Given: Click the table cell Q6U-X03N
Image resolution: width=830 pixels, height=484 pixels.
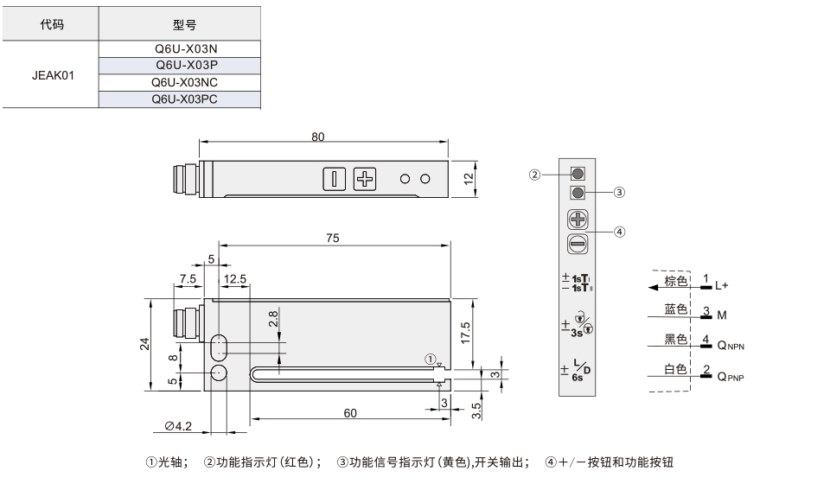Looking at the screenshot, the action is click(180, 48).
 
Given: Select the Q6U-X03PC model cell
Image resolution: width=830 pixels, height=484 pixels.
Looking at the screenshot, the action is click(180, 99).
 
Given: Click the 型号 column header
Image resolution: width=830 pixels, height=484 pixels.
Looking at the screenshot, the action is click(180, 24).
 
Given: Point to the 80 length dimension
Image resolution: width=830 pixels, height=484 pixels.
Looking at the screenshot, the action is click(317, 137).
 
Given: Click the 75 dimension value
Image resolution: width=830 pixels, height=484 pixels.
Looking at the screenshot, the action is click(332, 238).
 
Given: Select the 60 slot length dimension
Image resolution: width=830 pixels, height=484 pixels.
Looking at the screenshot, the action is click(350, 413).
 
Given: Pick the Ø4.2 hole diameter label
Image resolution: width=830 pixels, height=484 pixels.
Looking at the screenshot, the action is click(178, 426).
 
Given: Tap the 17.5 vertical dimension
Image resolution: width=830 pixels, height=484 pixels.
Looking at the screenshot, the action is click(465, 334).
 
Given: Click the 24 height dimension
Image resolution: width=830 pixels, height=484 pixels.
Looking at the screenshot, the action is click(144, 344).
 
